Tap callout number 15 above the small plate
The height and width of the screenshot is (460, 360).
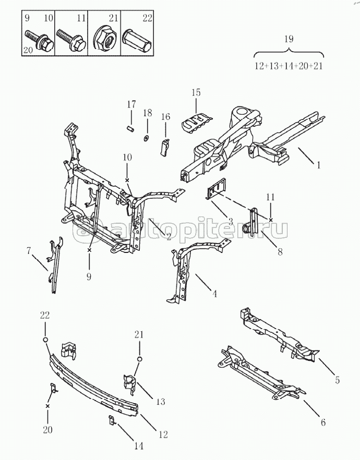[x=196, y=93]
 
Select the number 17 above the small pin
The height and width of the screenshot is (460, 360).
[x=131, y=104]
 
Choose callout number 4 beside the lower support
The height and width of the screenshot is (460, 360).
[x=214, y=294]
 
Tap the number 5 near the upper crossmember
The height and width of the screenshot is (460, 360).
[x=338, y=381]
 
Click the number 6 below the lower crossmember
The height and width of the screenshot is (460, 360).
[x=323, y=422]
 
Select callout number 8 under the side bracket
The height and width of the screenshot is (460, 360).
[x=280, y=252]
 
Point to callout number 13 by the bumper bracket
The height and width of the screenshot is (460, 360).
[x=160, y=402]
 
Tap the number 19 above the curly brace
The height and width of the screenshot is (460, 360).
[x=289, y=39]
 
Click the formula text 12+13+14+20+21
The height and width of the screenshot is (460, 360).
[x=289, y=67]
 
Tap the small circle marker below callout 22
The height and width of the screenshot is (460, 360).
[x=45, y=340]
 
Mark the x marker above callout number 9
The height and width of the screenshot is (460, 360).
[x=89, y=251]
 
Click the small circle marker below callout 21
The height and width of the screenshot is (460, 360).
[x=139, y=359]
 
